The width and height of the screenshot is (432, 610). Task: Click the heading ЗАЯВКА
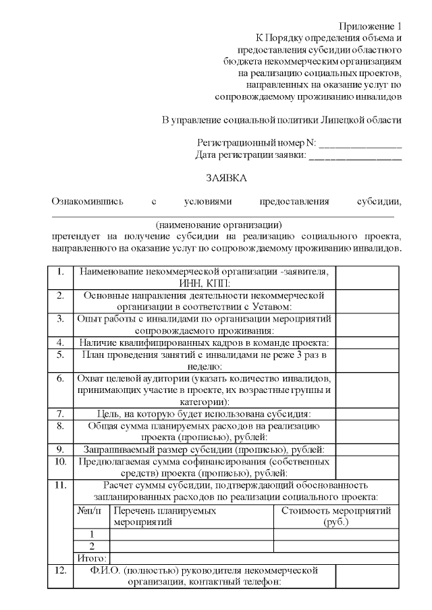click(x=226, y=179)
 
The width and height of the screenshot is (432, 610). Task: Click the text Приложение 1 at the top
click(x=371, y=25)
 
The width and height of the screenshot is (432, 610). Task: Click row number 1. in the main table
click(x=61, y=272)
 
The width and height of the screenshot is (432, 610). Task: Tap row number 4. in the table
click(x=61, y=342)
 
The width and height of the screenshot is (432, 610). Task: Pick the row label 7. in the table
click(x=61, y=414)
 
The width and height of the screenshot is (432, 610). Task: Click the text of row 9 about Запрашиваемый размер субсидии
click(x=204, y=449)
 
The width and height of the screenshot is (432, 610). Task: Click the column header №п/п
click(x=90, y=511)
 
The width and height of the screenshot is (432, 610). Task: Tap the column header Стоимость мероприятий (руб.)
click(x=335, y=516)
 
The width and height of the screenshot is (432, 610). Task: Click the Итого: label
click(x=90, y=558)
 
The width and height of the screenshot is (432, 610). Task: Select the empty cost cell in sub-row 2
click(x=335, y=546)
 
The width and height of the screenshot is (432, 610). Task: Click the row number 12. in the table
click(x=61, y=570)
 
